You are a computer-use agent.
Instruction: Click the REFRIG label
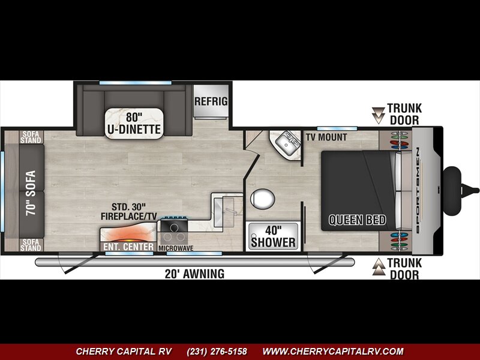[x=211, y=101]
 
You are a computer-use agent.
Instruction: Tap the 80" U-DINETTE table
[x=134, y=124]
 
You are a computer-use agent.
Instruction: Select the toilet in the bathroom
[x=262, y=199]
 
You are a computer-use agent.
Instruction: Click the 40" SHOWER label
[x=273, y=236]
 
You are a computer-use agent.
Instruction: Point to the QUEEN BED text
[x=357, y=220]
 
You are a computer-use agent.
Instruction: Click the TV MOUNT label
[x=326, y=137]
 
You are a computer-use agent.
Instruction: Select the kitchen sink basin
[x=224, y=212]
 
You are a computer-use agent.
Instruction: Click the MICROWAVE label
[x=176, y=248]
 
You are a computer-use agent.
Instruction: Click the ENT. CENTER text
[x=128, y=247]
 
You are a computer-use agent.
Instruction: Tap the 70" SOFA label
[x=31, y=193]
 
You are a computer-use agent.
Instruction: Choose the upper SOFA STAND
[x=31, y=137]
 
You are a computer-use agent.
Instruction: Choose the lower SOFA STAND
[x=31, y=245]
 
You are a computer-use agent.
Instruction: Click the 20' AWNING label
[x=194, y=274]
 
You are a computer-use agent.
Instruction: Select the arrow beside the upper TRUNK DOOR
[x=379, y=115]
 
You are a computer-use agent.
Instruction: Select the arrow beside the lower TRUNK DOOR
[x=379, y=266]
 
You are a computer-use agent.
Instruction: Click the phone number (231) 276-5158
[x=217, y=351]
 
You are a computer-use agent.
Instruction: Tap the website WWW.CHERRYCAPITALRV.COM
[x=333, y=351]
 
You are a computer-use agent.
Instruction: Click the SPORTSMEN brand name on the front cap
[x=417, y=191]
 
